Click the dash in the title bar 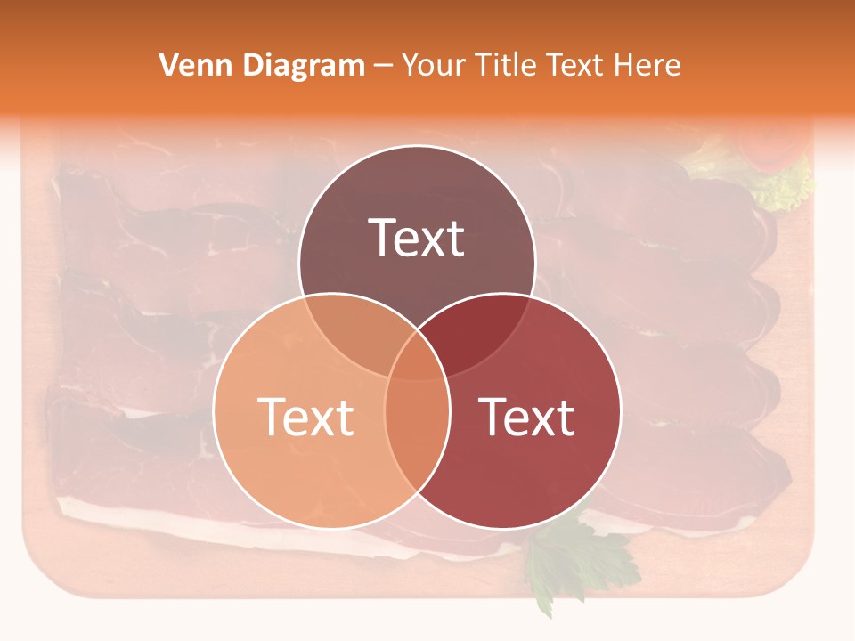(x=384, y=66)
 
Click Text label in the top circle (x=417, y=238)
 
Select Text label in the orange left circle (x=305, y=417)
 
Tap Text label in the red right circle (x=527, y=417)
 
